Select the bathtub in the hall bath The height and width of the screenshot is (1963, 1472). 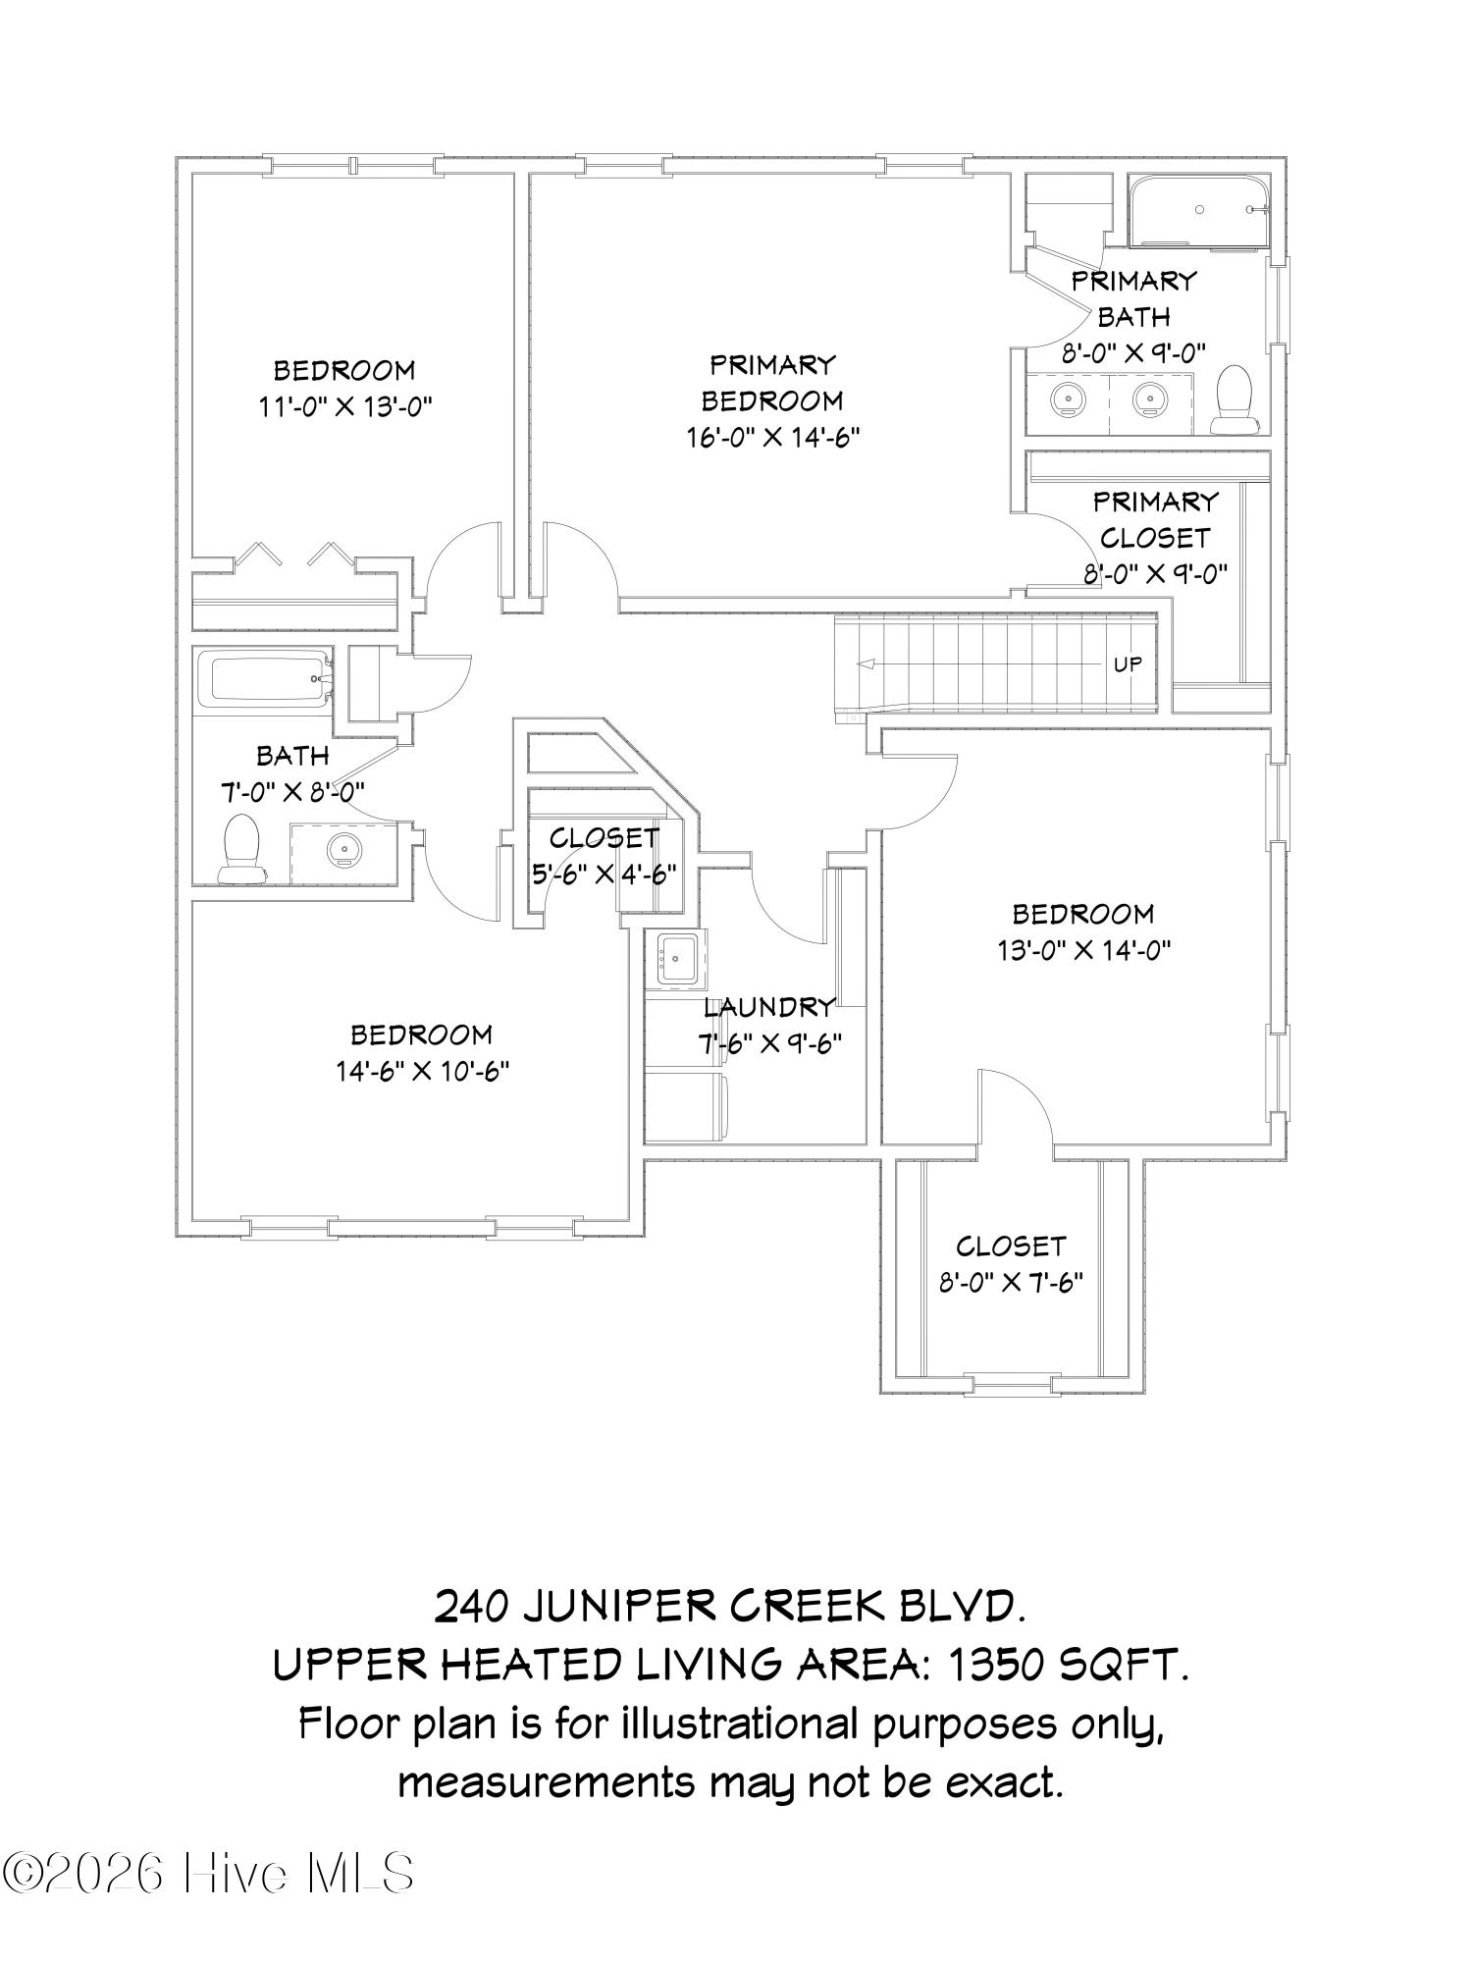[x=266, y=677]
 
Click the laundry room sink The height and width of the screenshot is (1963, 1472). [x=677, y=957]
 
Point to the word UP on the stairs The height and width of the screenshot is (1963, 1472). [x=1128, y=664]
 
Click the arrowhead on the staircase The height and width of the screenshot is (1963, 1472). [x=865, y=664]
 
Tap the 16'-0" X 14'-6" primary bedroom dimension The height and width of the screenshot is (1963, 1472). [x=773, y=437]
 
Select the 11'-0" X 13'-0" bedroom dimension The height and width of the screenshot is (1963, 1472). [x=345, y=406]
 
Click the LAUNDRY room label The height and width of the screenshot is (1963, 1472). [x=769, y=1007]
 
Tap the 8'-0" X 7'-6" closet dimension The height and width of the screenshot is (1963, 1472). [x=1011, y=1283]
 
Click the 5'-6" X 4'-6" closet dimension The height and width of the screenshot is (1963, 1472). [x=604, y=874]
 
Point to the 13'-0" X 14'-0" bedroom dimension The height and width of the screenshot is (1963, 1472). [x=1083, y=950]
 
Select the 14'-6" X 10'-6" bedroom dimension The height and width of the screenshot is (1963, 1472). [x=423, y=1071]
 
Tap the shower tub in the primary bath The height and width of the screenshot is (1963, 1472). [x=1198, y=211]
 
